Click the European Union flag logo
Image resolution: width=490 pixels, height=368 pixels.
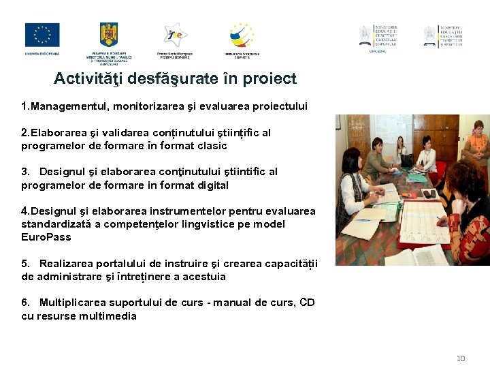(42, 35)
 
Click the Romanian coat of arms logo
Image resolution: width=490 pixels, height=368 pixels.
(109, 35)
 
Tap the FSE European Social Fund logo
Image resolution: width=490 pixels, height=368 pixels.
(174, 35)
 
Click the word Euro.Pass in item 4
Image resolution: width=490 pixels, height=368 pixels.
(46, 237)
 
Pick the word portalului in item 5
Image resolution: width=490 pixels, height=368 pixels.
(118, 264)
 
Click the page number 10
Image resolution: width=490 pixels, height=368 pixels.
(461, 358)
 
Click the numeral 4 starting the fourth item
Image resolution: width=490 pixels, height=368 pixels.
(25, 211)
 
